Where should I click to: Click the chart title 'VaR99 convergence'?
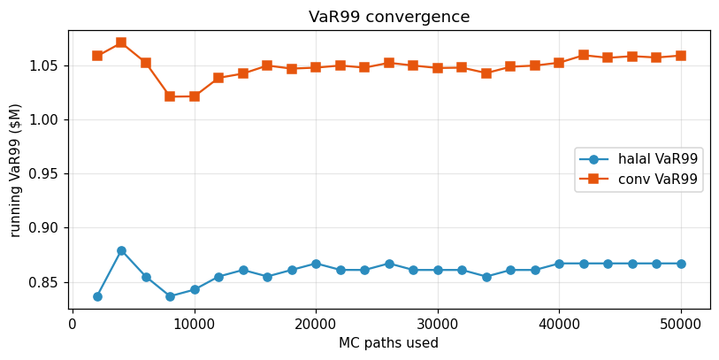click(389, 17)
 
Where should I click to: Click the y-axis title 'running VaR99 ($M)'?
click(16, 170)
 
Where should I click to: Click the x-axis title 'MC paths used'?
click(388, 343)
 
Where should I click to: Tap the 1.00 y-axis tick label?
click(44, 119)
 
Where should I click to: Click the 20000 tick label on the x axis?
click(316, 324)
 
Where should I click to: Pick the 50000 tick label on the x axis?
click(681, 324)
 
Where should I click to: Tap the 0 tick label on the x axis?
click(73, 324)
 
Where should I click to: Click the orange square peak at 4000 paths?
click(121, 42)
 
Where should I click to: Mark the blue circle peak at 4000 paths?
click(121, 250)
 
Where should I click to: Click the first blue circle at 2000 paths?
click(97, 296)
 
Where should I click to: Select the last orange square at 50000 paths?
click(681, 56)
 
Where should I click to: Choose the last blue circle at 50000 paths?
click(681, 264)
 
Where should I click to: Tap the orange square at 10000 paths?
click(195, 96)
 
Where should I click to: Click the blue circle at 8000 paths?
click(170, 296)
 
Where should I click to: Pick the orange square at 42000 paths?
click(584, 55)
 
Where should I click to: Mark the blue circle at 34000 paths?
click(486, 277)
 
